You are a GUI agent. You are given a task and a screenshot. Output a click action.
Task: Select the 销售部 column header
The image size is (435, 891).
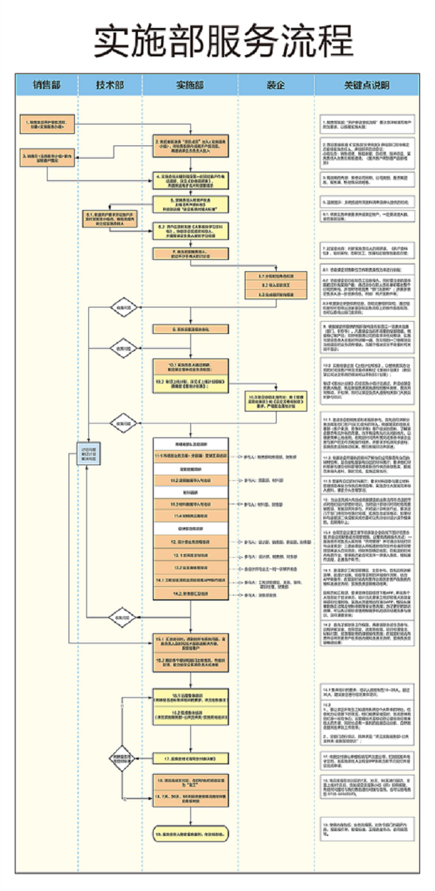click(x=47, y=85)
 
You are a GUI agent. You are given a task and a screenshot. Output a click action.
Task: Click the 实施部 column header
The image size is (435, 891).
click(x=190, y=85)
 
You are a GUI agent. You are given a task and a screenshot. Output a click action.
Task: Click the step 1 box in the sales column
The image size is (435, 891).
click(x=46, y=124)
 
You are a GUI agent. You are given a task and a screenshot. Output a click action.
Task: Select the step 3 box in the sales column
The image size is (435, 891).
click(x=46, y=156)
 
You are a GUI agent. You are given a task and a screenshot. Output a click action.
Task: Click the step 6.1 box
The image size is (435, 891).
click(x=109, y=219)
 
